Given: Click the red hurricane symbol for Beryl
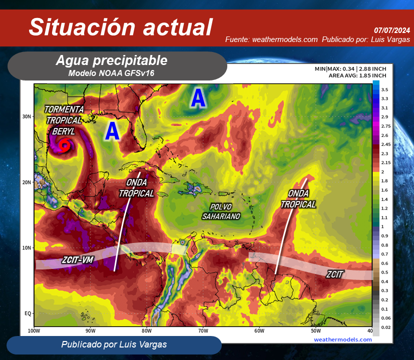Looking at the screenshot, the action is click(65, 145).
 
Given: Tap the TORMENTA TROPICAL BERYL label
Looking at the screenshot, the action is click(64, 120).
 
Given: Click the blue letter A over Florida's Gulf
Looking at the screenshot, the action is click(112, 131).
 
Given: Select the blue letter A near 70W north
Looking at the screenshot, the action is click(198, 98).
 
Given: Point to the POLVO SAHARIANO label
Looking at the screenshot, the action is click(221, 211).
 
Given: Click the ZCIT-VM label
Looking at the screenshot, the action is click(78, 260).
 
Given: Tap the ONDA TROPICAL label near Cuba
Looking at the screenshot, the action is click(137, 188).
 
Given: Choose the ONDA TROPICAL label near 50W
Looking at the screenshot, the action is click(298, 198).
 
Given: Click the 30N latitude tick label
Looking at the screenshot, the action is click(27, 116).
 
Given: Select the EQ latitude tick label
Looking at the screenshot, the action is click(28, 313).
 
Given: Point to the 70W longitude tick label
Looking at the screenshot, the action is click(203, 330).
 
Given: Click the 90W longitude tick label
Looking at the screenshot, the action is click(90, 330).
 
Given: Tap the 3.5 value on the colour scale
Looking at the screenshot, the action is click(384, 89).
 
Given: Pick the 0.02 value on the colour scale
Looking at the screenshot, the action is click(386, 327).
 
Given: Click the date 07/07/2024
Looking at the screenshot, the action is click(392, 30).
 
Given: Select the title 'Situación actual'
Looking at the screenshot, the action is click(121, 27).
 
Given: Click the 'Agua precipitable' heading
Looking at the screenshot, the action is click(112, 60).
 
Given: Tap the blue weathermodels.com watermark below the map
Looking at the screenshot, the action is click(343, 339).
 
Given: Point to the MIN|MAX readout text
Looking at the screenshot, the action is click(350, 69).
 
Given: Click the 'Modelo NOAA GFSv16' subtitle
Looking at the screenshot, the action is click(111, 73).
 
